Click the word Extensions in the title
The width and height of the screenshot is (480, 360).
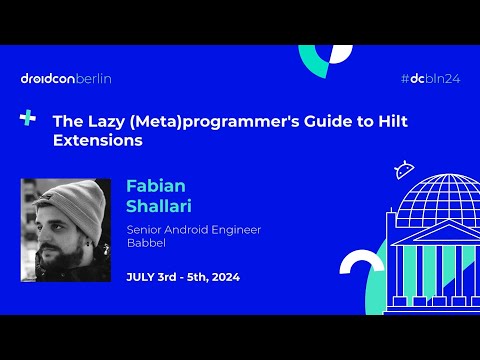(x=97, y=141)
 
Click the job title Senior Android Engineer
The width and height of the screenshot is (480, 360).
(x=193, y=229)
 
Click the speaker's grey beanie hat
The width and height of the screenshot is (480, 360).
(x=66, y=199)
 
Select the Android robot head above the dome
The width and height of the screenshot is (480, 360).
(x=404, y=169)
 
